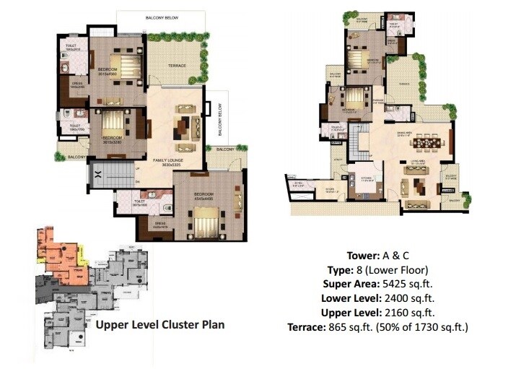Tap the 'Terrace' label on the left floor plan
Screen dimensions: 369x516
coord(178,66)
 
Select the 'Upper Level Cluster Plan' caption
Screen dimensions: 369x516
coord(159,325)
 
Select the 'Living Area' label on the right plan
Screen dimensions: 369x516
coord(416,164)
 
